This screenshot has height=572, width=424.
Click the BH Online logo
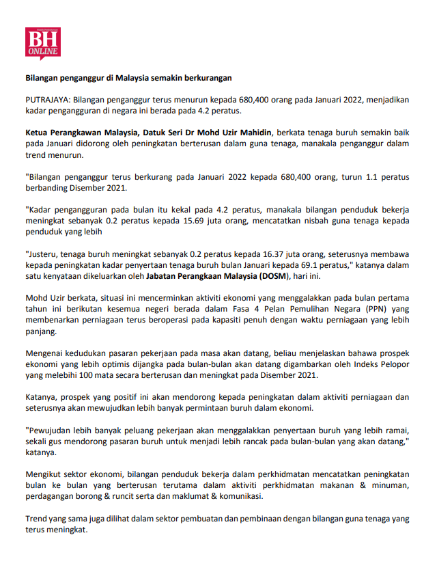42,43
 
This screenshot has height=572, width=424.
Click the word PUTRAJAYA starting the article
47,99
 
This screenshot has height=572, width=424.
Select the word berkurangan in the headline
206,77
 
